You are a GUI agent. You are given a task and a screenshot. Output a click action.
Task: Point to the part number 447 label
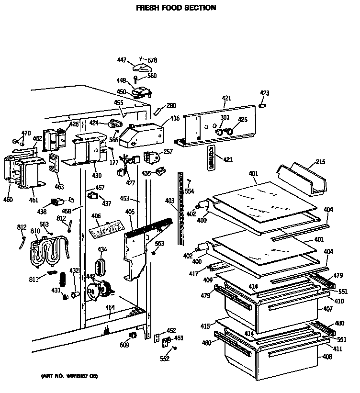122,60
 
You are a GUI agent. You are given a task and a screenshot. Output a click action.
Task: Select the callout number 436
175,118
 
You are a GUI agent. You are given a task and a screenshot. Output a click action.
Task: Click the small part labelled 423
262,105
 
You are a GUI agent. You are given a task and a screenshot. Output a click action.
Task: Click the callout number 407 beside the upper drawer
327,309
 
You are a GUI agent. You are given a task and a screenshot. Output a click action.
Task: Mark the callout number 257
168,152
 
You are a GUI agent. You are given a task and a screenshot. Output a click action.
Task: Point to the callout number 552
165,359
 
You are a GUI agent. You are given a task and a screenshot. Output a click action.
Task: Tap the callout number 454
110,308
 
